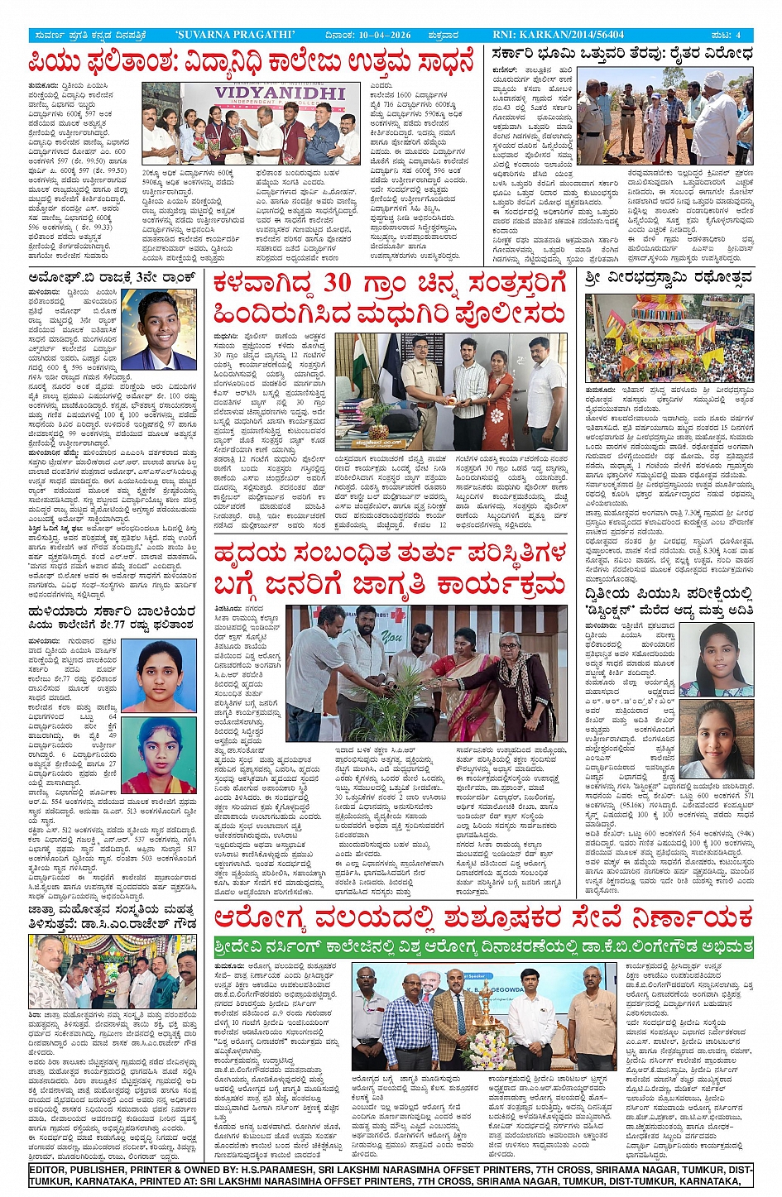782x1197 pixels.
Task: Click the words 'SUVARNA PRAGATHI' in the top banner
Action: (x=235, y=35)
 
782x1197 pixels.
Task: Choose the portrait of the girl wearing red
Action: (x=168, y=754)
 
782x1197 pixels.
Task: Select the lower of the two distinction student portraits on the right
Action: (x=717, y=740)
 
